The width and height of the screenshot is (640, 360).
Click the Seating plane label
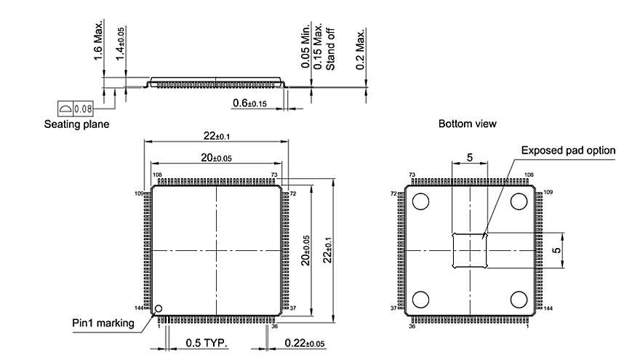pos(76,124)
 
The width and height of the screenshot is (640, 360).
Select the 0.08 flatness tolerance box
pos(76,109)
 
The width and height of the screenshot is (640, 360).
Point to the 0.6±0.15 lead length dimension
pos(249,104)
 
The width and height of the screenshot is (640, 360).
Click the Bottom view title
pos(468,124)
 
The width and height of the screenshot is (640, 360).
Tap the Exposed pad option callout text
pos(568,151)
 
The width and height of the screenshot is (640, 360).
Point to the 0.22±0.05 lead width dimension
pos(305,343)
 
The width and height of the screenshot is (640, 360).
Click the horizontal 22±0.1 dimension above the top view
pos(217,136)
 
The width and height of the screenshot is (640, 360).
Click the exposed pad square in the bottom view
pos(470,250)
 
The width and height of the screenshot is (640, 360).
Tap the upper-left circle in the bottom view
pos(421,201)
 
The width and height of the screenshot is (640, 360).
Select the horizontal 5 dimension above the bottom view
pos(470,157)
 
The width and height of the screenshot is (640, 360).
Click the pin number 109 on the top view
pos(140,193)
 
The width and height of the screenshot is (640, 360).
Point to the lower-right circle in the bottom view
pos(519,299)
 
